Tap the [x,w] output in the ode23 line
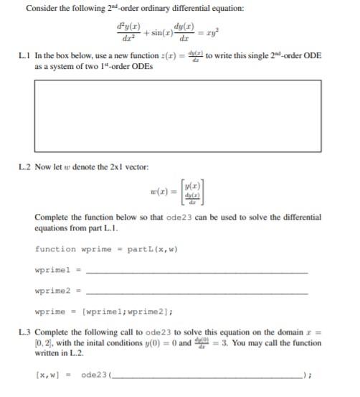pos(47,374)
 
